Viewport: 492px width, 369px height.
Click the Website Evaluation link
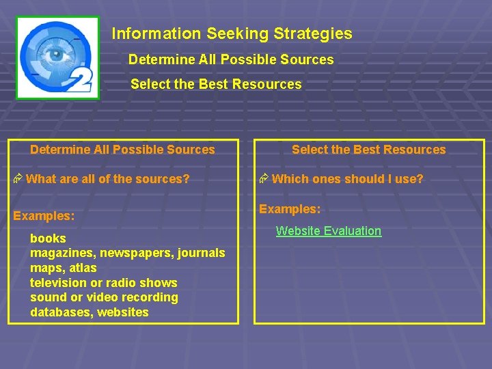328,231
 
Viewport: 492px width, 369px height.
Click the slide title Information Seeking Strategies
232,33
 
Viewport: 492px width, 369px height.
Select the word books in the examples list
48,238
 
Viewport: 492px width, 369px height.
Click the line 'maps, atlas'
63,268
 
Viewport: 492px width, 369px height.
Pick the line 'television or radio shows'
103,283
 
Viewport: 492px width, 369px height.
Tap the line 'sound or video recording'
104,297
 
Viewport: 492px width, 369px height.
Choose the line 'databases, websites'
89,312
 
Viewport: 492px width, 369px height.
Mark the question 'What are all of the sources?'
107,179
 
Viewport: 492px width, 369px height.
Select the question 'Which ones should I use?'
347,179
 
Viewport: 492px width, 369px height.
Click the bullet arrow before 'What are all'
18,179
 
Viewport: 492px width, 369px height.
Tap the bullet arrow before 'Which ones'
264,179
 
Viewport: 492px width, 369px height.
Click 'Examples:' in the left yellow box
44,216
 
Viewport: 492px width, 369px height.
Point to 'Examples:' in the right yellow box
290,209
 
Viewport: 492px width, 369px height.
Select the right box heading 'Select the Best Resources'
368,150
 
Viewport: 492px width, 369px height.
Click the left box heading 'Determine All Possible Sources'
122,150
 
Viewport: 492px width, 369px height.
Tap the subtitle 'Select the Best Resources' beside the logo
215,84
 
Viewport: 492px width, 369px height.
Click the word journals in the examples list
201,253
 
